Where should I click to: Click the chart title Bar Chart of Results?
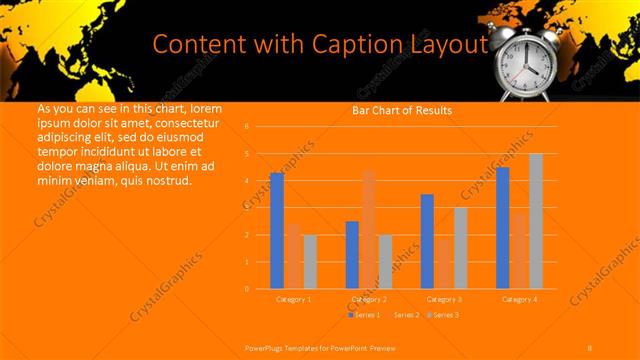[401, 110]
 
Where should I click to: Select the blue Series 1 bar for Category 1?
[276, 231]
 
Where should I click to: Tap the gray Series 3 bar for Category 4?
[536, 221]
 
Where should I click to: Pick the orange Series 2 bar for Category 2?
[369, 229]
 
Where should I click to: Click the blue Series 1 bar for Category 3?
[427, 241]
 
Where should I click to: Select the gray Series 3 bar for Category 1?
[310, 261]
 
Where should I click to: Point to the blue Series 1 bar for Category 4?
[503, 228]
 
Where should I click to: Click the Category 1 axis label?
[293, 299]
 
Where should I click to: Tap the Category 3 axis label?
[444, 299]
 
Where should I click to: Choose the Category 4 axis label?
[519, 299]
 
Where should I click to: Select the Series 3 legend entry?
[442, 315]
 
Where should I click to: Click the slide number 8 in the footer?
[589, 346]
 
